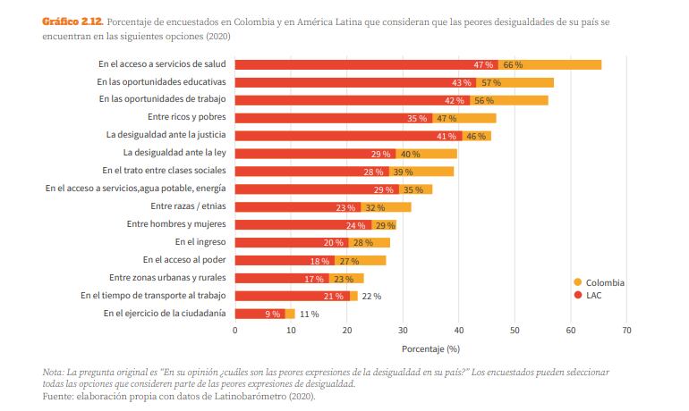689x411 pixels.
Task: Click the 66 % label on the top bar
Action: point(513,64)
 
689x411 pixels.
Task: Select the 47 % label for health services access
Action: point(484,64)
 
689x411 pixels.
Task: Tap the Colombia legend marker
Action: point(577,282)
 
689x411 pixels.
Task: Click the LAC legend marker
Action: point(577,294)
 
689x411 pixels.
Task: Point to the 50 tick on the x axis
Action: point(515,331)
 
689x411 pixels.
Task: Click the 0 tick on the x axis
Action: point(235,331)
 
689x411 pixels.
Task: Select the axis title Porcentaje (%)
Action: point(430,348)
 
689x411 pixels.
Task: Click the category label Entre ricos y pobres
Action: point(186,117)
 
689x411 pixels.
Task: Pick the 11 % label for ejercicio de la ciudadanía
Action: point(309,314)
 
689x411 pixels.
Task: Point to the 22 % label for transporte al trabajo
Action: point(370,296)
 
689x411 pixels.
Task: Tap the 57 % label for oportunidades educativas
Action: point(490,82)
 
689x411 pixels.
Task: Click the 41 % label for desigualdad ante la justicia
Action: point(447,136)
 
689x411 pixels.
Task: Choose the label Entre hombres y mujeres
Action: point(176,223)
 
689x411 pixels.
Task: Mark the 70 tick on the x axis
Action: point(626,331)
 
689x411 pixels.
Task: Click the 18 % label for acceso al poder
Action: point(319,260)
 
